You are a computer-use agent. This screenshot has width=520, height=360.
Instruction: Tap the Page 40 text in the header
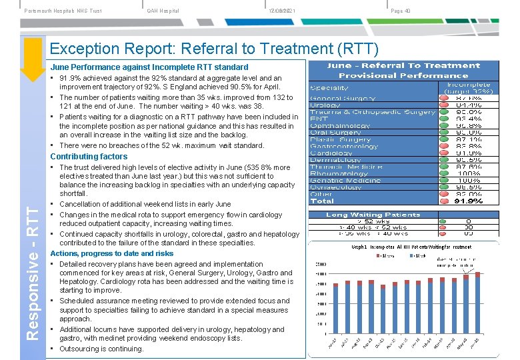[x=401, y=11]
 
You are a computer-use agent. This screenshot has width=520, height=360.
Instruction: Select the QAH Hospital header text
[x=163, y=11]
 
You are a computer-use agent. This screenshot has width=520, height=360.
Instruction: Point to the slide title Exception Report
[x=214, y=49]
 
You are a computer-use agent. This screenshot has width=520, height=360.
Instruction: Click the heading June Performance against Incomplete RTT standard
[x=149, y=67]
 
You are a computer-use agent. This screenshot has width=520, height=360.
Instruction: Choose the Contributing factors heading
[x=89, y=157]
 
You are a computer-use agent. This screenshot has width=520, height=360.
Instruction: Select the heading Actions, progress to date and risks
[x=111, y=253]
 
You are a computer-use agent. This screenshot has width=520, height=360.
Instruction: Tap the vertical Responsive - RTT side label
[x=31, y=273]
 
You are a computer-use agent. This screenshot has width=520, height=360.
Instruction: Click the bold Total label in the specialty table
[x=322, y=201]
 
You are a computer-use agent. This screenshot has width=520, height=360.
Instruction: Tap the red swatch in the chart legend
[x=378, y=255]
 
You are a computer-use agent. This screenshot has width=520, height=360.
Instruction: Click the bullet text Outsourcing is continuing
[x=101, y=349]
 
